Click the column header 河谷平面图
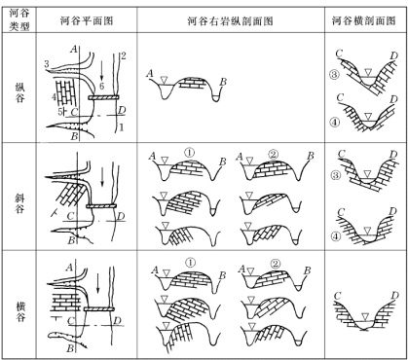pyautogui.click(x=87, y=21)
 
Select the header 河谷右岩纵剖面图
pyautogui.click(x=231, y=21)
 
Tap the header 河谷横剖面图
pyautogui.click(x=364, y=21)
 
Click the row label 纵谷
pyautogui.click(x=19, y=92)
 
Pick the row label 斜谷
pyautogui.click(x=19, y=203)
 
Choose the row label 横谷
pyautogui.click(x=19, y=311)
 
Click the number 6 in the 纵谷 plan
pyautogui.click(x=102, y=86)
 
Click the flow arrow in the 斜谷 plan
pyautogui.click(x=102, y=177)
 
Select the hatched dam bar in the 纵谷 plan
pyautogui.click(x=103, y=97)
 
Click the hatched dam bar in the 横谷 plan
pyautogui.click(x=99, y=308)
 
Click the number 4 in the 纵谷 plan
pyautogui.click(x=54, y=96)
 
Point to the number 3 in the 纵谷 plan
pyautogui.click(x=47, y=64)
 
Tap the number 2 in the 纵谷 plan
pyautogui.click(x=123, y=55)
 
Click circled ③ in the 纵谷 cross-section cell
pyautogui.click(x=335, y=75)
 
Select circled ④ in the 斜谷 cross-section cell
pyautogui.click(x=336, y=235)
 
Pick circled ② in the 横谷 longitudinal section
pyautogui.click(x=276, y=264)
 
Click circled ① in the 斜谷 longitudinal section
pyautogui.click(x=190, y=152)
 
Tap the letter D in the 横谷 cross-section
pyautogui.click(x=394, y=296)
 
